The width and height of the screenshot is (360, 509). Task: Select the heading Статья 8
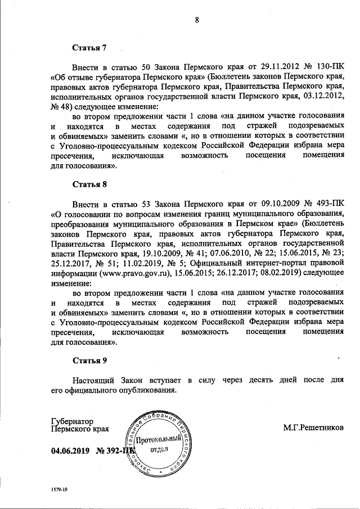click(90, 184)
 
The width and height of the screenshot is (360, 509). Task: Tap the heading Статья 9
click(90, 359)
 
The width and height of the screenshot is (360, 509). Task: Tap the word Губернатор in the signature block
click(72, 420)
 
